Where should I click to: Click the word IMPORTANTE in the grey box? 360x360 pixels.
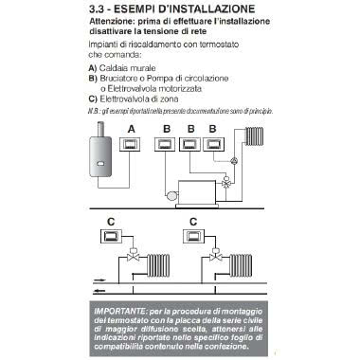pyautogui.click(x=126, y=310)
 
